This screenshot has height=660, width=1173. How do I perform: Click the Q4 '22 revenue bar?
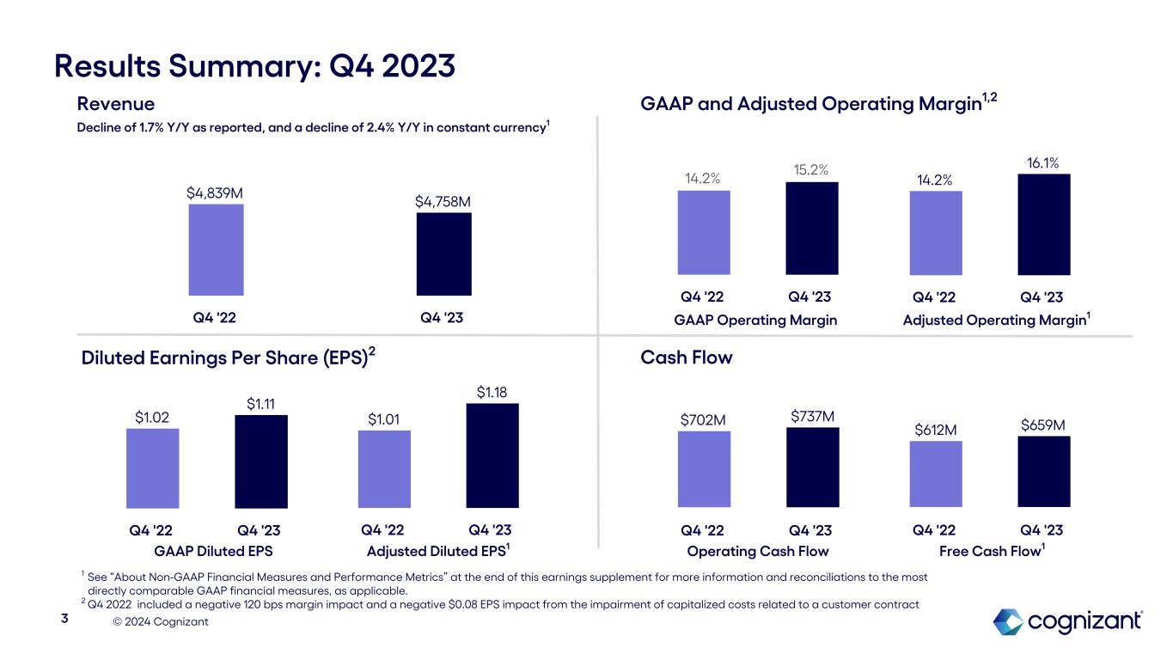[216, 249]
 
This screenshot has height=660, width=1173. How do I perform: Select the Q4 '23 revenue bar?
[443, 254]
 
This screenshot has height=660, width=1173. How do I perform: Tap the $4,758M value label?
[443, 201]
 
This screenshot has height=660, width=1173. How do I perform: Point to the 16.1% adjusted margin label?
[1043, 162]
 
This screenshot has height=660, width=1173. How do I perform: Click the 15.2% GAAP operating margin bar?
[812, 229]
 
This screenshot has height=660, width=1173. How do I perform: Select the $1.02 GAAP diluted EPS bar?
[152, 467]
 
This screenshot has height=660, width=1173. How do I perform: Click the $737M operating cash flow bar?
[812, 467]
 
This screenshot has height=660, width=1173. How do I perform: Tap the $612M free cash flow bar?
[935, 474]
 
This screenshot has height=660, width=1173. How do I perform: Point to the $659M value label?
[1043, 425]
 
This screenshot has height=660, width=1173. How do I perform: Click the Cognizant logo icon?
[1008, 621]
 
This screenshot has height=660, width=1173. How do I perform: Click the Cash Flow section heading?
[687, 357]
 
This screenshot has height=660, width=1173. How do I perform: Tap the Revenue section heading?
[116, 104]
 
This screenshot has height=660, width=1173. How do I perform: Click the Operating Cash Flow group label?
[758, 551]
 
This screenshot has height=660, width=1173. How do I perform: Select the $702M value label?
[703, 419]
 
